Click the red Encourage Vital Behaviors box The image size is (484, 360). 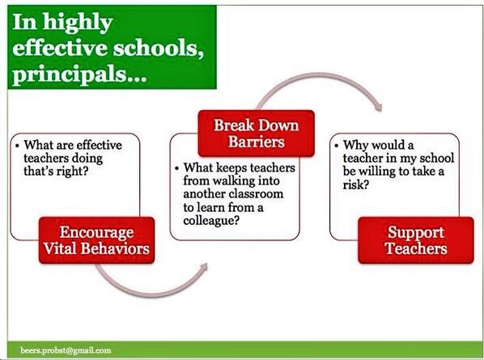(95, 239)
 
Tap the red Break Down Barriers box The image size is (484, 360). (256, 134)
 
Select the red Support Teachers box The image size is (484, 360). (415, 239)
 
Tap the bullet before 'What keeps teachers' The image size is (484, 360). (177, 168)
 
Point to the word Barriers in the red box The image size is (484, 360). (256, 143)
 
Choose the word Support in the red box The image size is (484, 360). (415, 231)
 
